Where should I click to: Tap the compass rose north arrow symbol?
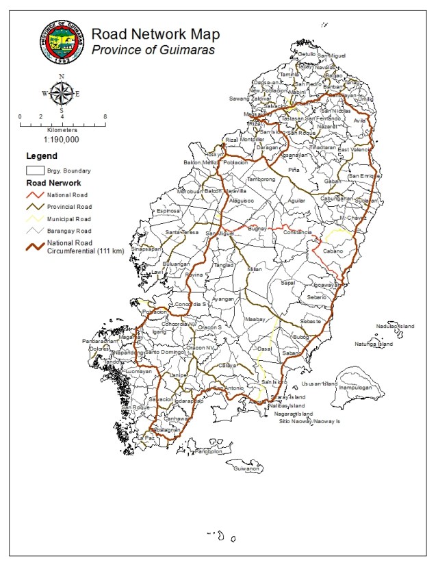(62, 92)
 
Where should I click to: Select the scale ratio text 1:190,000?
(61, 139)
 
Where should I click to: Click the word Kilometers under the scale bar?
(62, 129)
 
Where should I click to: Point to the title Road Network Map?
(155, 34)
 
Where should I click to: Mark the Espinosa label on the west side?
(168, 212)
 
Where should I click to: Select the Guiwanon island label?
(246, 468)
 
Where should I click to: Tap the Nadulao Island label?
(396, 327)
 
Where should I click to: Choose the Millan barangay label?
(255, 269)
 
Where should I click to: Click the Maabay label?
(254, 319)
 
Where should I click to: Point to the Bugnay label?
(259, 228)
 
